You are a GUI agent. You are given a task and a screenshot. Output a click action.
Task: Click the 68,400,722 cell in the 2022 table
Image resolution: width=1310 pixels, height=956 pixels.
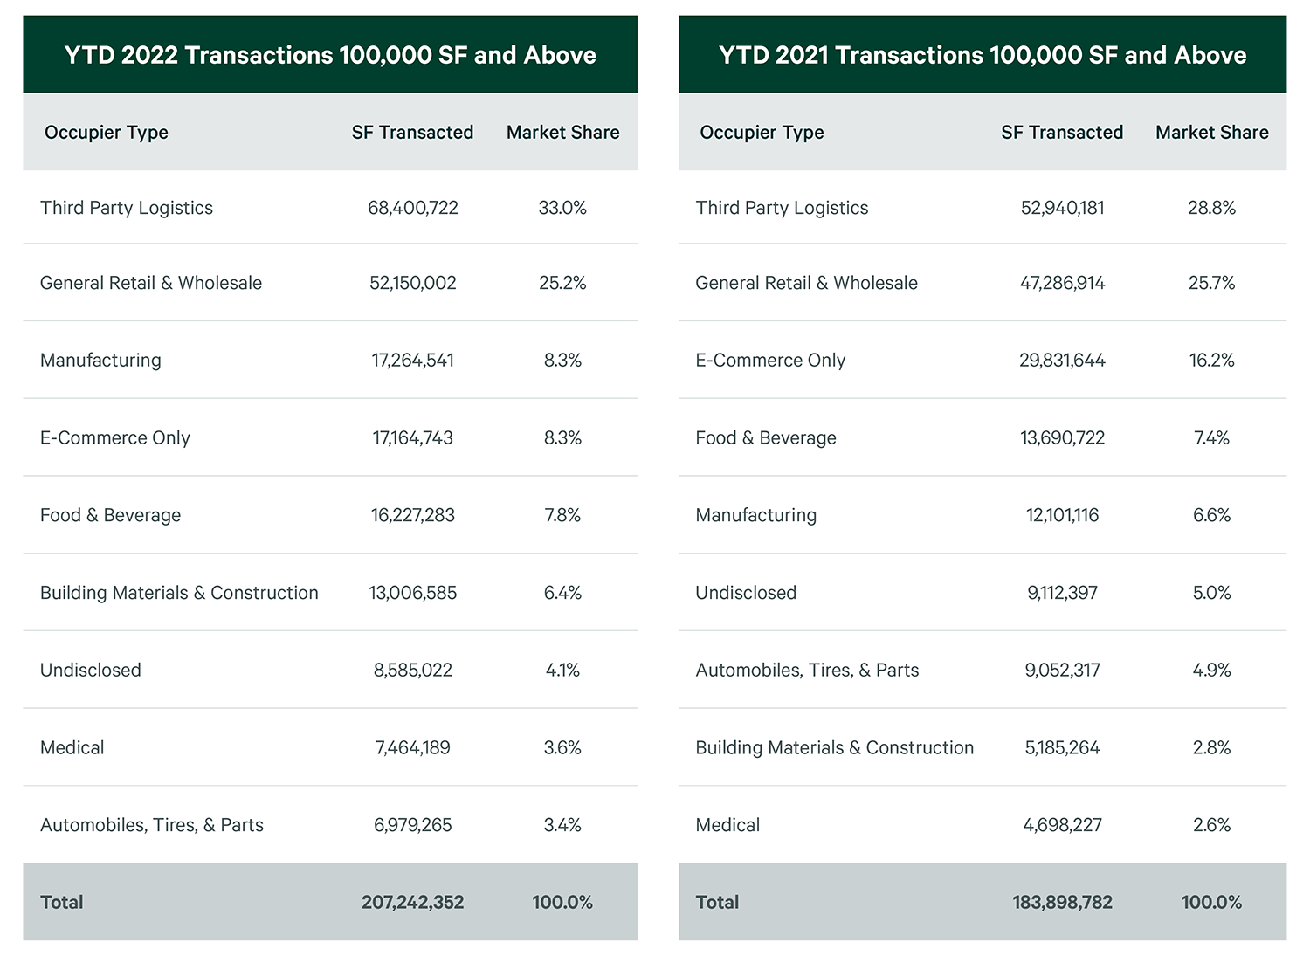412,208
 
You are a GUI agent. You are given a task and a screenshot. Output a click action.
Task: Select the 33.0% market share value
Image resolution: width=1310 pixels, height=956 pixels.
562,208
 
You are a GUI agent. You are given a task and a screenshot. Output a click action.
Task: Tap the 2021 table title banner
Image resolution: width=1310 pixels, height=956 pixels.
982,55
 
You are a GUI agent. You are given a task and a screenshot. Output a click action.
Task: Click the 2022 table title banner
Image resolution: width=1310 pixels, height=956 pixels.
330,55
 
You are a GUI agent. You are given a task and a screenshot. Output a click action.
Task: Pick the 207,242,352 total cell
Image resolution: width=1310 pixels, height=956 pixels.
412,902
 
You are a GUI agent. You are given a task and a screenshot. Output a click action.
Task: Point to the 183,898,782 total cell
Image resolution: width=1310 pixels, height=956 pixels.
1062,902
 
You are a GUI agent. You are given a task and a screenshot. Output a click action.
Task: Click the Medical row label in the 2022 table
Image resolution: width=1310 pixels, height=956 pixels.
72,747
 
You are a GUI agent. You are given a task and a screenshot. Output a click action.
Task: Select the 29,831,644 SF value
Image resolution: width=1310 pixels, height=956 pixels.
1062,360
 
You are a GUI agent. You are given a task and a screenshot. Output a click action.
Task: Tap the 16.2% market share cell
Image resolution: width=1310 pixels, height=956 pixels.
1211,360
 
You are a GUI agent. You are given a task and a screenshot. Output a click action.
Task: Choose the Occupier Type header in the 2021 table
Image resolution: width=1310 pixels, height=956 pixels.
762,133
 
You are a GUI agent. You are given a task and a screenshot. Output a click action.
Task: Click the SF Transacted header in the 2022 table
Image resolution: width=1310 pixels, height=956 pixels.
412,133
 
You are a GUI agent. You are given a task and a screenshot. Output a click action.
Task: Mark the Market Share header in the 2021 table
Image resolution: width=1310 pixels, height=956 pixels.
1211,133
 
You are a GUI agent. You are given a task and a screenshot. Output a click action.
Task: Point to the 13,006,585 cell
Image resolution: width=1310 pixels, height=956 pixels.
412,593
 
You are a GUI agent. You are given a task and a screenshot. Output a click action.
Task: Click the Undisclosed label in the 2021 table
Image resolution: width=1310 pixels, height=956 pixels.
746,593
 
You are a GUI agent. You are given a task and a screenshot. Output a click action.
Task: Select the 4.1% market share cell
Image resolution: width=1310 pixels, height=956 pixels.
562,670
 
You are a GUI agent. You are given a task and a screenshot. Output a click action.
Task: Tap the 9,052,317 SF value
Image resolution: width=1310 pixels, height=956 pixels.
1062,670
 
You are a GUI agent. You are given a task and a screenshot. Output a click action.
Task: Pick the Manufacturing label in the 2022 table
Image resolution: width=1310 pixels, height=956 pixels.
100,360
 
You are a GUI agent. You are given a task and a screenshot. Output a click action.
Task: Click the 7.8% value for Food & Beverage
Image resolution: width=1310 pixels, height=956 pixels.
562,515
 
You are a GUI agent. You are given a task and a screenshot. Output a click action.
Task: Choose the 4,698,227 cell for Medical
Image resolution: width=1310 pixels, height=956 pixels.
1062,825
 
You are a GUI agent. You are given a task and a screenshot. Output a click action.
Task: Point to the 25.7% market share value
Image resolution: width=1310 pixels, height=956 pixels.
1211,283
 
